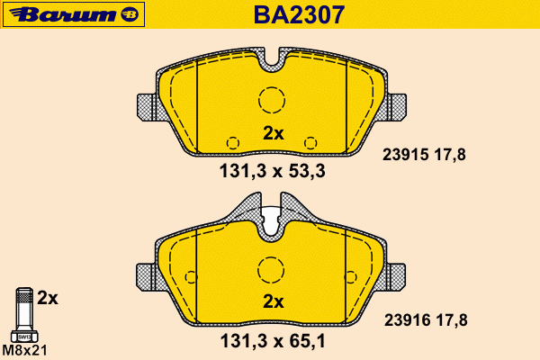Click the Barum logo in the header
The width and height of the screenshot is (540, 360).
[x=74, y=14]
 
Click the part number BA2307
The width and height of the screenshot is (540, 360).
[x=299, y=14]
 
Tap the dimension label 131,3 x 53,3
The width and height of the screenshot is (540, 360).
[x=272, y=171]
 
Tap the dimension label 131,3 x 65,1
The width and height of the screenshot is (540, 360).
[x=273, y=341]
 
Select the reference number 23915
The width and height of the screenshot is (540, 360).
[x=405, y=155]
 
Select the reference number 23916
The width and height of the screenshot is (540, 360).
[x=408, y=320]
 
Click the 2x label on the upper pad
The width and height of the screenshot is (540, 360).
[x=273, y=133]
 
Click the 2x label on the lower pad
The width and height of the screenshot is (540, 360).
[x=273, y=301]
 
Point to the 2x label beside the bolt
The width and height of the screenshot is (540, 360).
[x=48, y=298]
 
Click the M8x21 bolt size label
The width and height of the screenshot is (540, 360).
[x=24, y=351]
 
